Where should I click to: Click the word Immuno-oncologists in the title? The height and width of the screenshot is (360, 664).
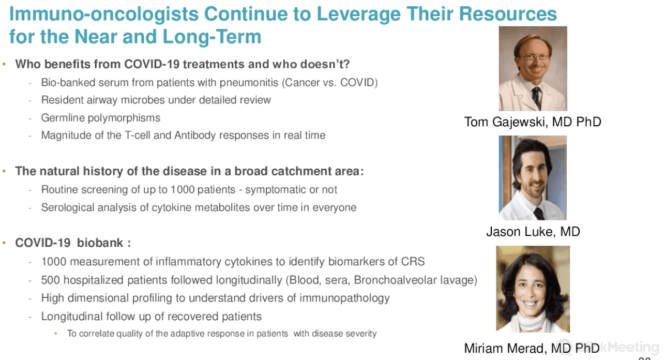tap(104, 14)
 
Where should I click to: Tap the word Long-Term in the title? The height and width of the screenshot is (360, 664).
tap(212, 37)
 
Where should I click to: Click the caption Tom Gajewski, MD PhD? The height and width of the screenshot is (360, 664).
tap(532, 122)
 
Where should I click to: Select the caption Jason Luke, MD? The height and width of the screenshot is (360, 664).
tap(533, 232)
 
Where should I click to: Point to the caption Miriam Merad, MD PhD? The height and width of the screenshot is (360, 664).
tap(532, 348)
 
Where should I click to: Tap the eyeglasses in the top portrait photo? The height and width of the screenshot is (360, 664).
tap(534, 57)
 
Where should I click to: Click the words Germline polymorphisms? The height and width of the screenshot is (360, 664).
tap(100, 118)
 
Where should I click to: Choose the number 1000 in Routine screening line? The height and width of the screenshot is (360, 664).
tap(183, 189)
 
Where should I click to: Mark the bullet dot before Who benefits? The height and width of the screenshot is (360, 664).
tap(4, 64)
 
